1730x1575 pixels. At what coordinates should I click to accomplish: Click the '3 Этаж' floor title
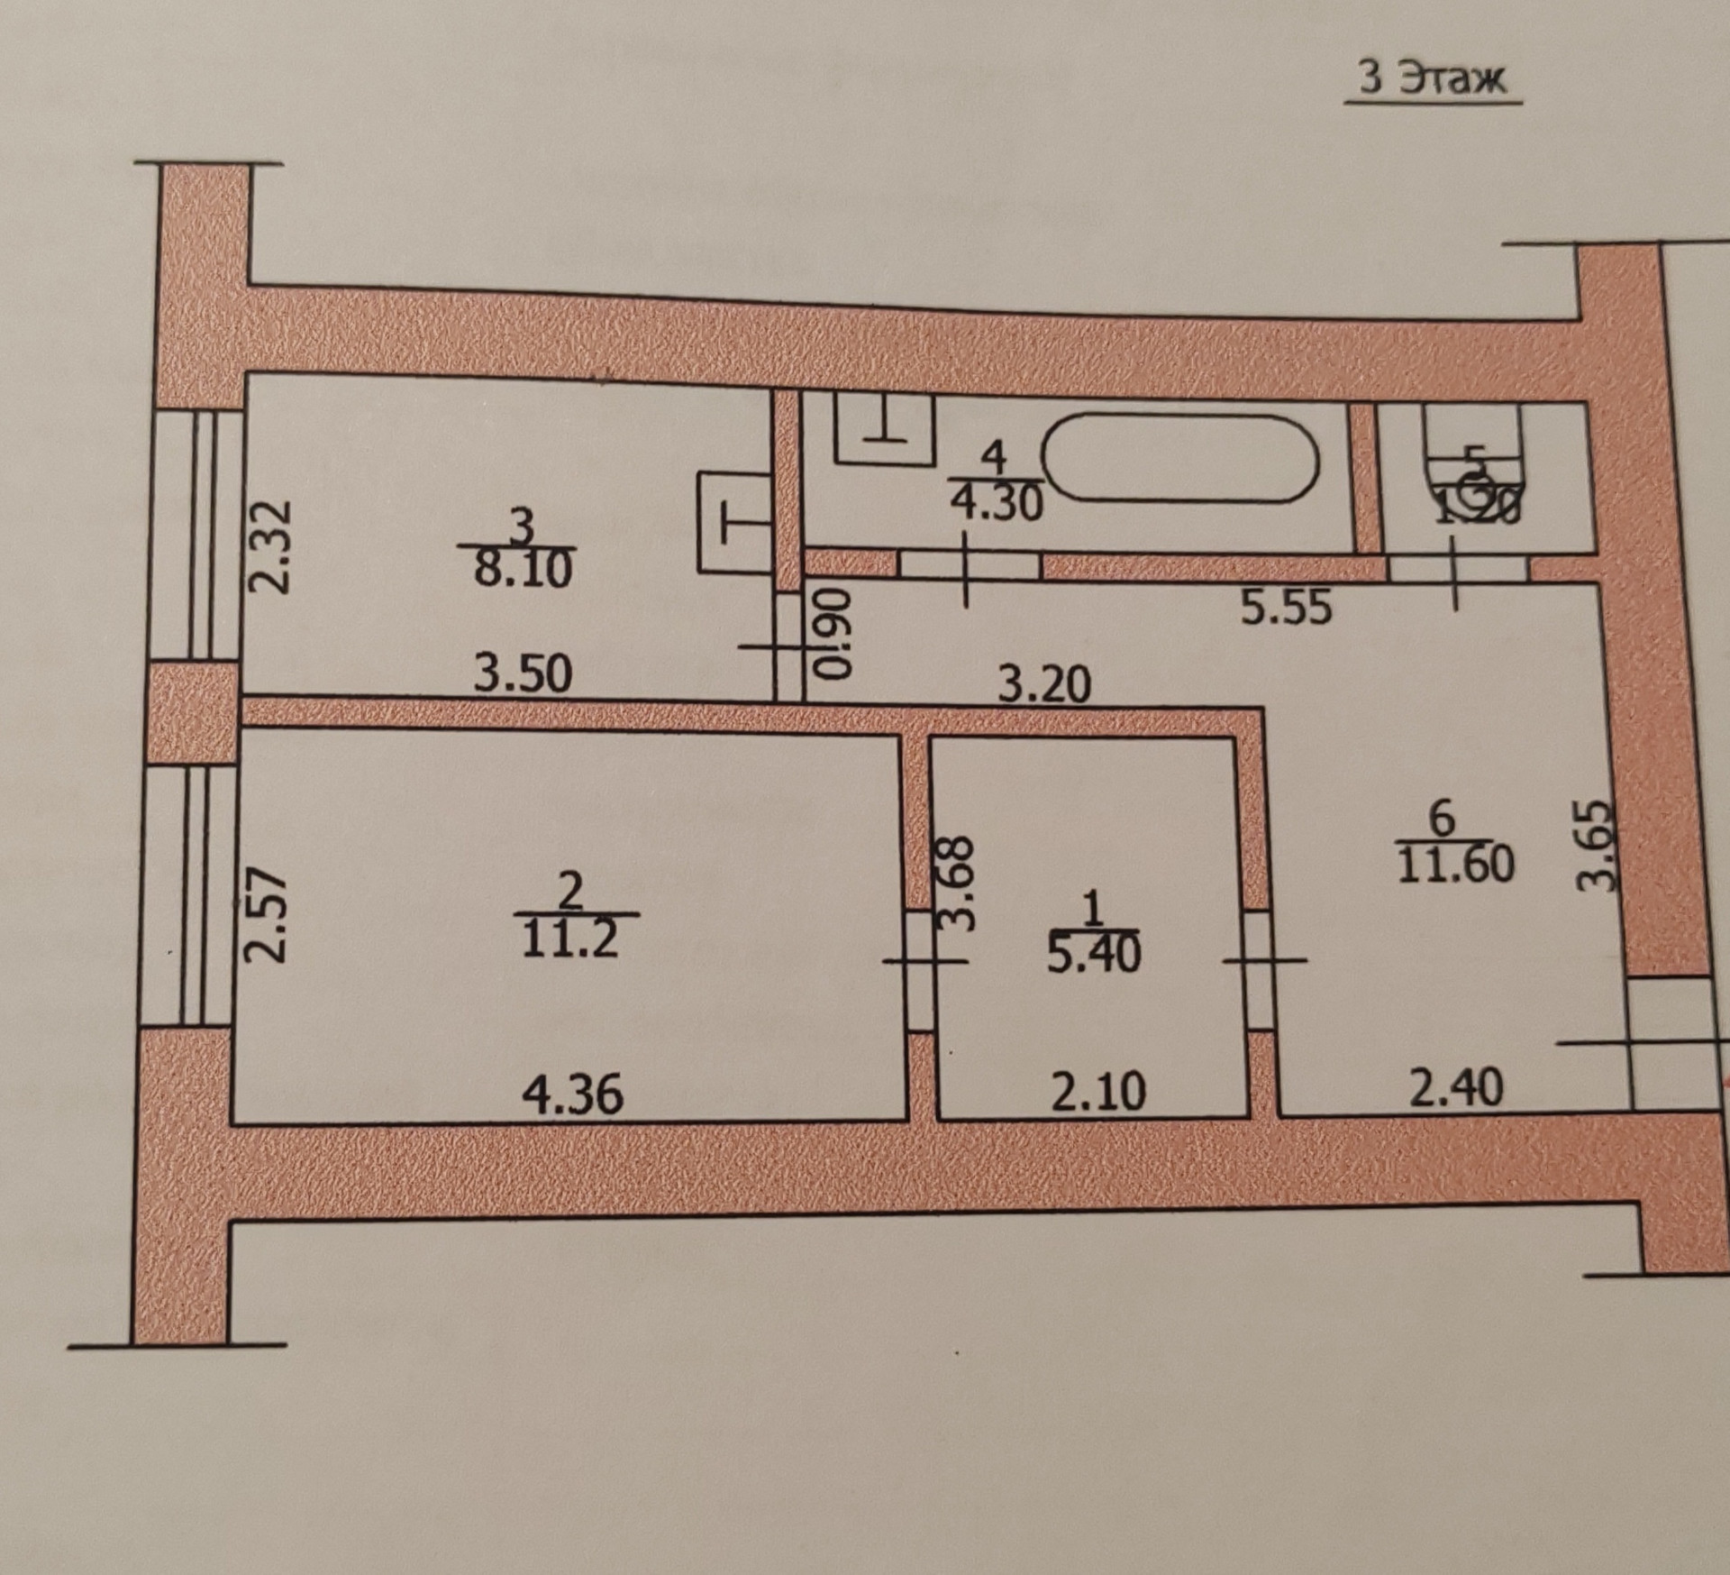pos(1432,79)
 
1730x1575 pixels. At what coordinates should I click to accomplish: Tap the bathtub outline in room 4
pos(1180,458)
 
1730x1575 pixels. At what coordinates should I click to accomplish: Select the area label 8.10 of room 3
pos(524,569)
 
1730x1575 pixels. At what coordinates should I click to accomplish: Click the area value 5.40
pos(1093,953)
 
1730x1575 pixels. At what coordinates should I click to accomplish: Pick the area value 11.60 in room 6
pos(1455,863)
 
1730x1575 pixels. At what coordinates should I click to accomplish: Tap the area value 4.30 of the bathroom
pos(997,501)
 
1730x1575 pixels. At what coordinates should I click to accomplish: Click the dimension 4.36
pos(573,1094)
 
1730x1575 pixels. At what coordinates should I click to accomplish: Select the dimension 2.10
pos(1098,1090)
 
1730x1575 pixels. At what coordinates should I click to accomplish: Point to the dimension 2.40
pos(1456,1087)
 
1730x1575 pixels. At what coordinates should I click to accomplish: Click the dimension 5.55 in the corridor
pos(1286,607)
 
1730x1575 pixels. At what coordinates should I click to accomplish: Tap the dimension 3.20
pos(1045,683)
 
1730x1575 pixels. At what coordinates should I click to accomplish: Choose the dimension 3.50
pos(524,673)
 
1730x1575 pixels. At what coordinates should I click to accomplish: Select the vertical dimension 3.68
pos(956,883)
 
